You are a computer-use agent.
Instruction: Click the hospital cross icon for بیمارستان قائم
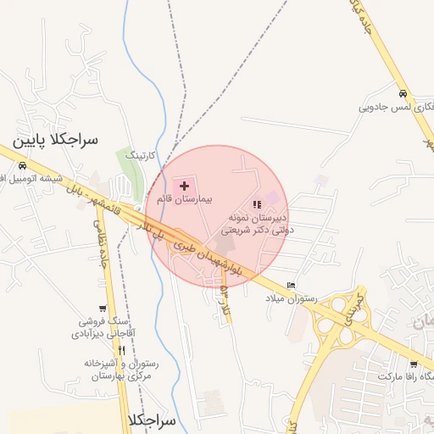click(184, 185)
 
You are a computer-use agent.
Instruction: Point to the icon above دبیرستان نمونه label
click(256, 205)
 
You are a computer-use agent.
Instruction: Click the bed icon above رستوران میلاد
click(292, 285)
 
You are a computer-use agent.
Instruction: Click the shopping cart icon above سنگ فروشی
click(103, 308)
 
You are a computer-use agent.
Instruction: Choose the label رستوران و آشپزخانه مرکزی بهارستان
click(98, 368)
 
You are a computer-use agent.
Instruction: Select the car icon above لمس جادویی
click(402, 93)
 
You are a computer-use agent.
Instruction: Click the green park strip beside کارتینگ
click(129, 173)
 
